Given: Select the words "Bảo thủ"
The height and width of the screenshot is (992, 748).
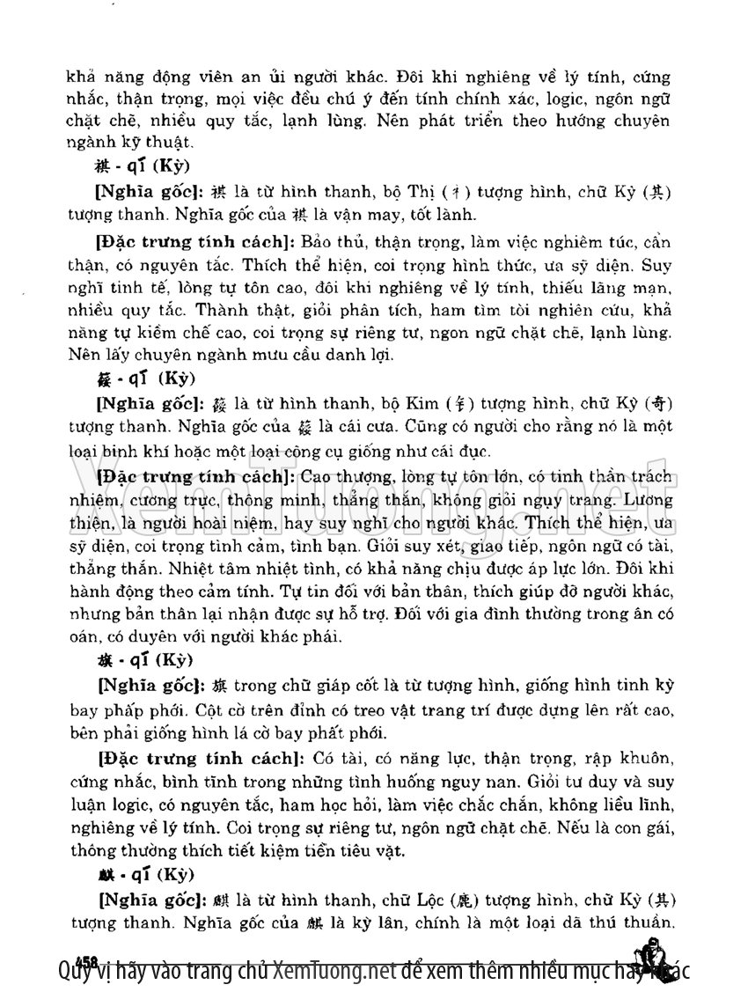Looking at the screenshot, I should [330, 241].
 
